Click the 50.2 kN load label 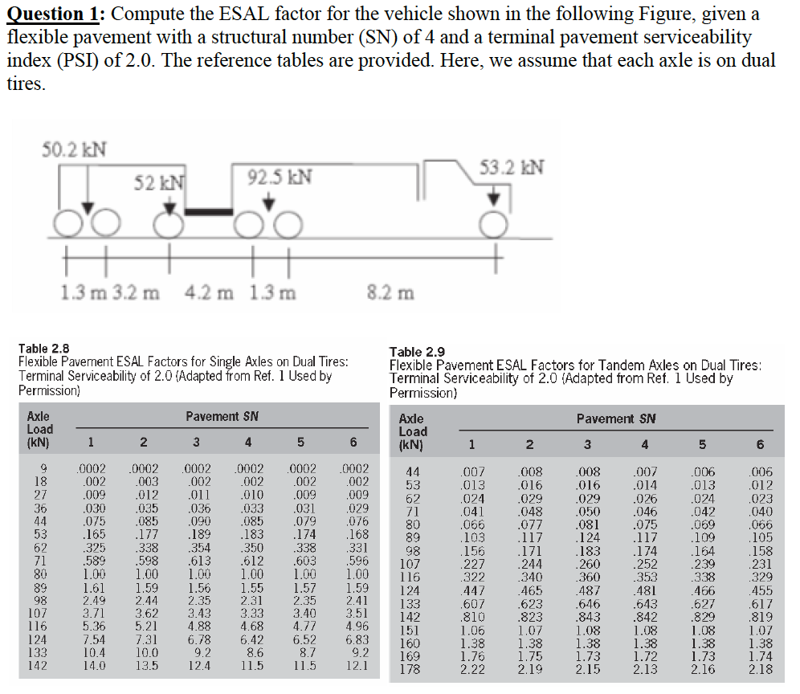coord(75,150)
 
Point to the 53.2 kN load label coord(511,166)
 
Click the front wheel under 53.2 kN coord(494,224)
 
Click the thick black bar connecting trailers coord(210,211)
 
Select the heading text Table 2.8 coord(43,349)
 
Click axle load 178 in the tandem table coord(410,669)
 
